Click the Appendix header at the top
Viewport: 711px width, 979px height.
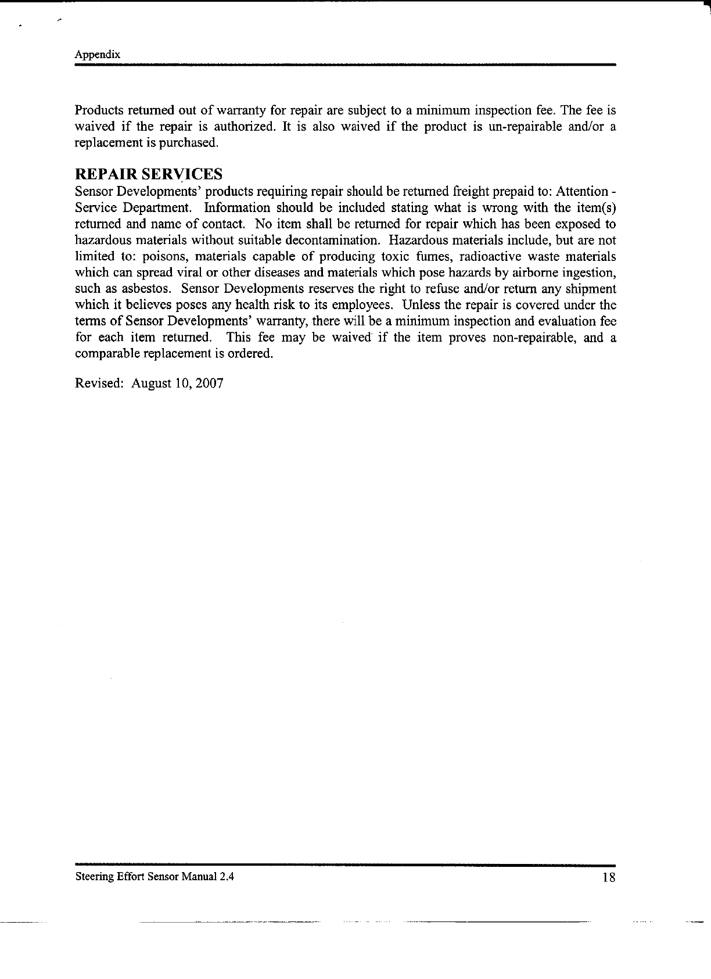pos(98,55)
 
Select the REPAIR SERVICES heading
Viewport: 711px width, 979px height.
pos(149,174)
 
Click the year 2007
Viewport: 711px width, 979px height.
pos(210,383)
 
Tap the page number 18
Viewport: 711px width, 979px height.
pos(608,878)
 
